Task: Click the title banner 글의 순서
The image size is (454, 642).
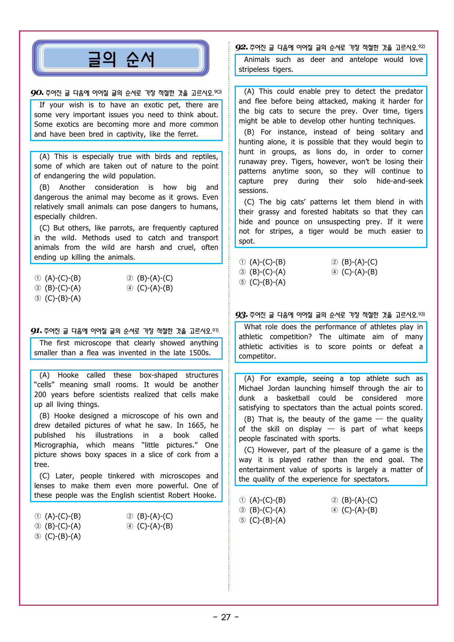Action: (121, 59)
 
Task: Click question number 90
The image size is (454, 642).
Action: (37, 93)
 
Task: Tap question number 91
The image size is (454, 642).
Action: (36, 331)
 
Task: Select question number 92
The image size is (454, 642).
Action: (241, 48)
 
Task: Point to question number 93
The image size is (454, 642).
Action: (241, 315)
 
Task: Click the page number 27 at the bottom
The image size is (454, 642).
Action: (226, 617)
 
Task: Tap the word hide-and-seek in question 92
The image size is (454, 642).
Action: (399, 181)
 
